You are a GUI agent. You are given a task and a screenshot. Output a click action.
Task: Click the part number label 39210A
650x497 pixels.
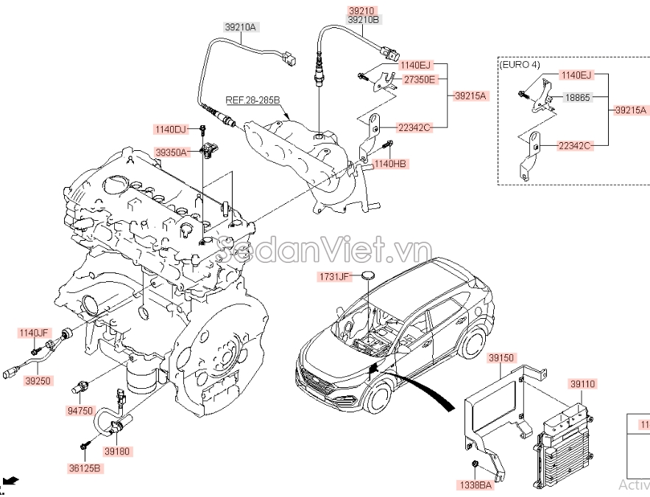tap(240, 27)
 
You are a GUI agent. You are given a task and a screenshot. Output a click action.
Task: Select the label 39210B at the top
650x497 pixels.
tap(364, 20)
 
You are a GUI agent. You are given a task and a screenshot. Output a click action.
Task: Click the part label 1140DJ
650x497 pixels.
tap(170, 130)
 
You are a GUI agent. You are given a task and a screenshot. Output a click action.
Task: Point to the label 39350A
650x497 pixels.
tap(172, 152)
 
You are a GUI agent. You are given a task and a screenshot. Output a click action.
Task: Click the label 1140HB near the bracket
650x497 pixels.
tap(390, 163)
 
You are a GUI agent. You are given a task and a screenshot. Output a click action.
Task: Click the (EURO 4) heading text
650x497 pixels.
tap(520, 65)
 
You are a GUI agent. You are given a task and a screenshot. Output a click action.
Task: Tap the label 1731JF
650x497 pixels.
tap(334, 277)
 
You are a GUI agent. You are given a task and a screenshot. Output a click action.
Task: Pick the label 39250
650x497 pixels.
tap(38, 381)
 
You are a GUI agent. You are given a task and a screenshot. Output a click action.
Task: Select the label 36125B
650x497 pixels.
tap(86, 468)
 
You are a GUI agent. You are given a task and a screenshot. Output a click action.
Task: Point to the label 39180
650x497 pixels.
tap(117, 451)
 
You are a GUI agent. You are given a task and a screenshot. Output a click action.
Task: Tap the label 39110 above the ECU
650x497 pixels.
tap(582, 384)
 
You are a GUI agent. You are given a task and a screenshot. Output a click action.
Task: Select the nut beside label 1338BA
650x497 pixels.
tap(475, 463)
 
